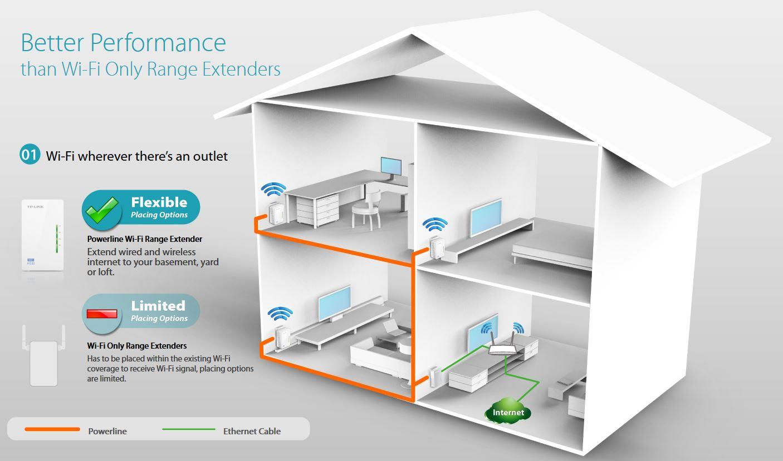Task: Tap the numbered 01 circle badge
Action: [x=30, y=155]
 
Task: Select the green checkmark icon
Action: [x=102, y=210]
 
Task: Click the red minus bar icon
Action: [x=102, y=314]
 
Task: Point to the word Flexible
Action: [x=159, y=202]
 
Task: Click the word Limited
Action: [x=158, y=306]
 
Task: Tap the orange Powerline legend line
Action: [x=52, y=429]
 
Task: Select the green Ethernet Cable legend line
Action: [x=188, y=429]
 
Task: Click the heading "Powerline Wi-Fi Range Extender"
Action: [x=145, y=239]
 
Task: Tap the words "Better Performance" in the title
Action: [x=123, y=43]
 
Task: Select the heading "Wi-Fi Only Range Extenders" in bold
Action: [x=137, y=346]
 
